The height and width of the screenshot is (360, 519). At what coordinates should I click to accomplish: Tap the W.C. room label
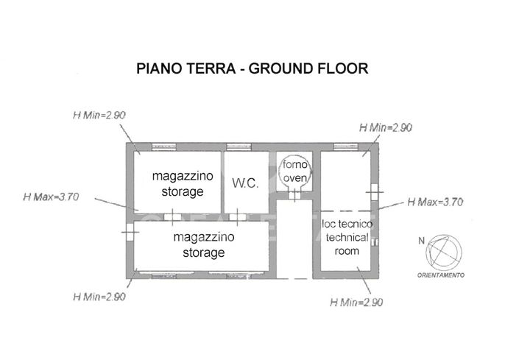pyautogui.click(x=245, y=183)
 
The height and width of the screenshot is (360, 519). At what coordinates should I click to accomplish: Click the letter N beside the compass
pyautogui.click(x=421, y=240)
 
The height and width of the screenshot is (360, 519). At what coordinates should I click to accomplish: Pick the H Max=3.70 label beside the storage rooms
pyautogui.click(x=51, y=197)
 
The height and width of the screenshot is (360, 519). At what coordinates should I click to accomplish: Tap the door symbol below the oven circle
pyautogui.click(x=294, y=194)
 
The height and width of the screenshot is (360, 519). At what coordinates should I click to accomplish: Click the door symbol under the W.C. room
pyautogui.click(x=239, y=216)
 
